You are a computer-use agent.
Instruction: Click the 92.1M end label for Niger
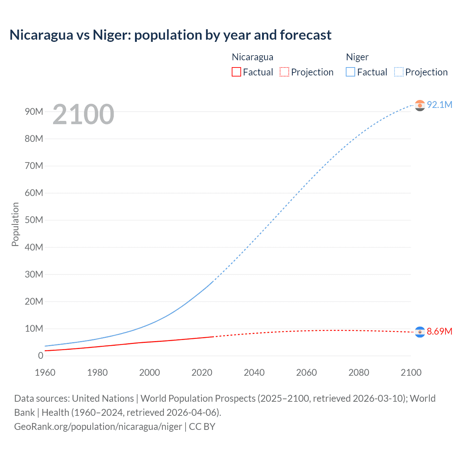coord(439,105)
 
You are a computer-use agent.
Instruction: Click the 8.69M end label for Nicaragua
coord(439,331)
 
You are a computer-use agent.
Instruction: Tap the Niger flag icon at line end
coord(420,105)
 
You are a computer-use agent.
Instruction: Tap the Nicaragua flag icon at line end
coord(420,332)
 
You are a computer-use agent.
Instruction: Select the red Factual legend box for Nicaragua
coord(236,72)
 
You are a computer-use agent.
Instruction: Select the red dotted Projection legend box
coord(284,72)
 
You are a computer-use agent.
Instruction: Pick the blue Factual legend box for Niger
coord(350,72)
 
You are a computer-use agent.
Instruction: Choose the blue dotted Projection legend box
coord(398,72)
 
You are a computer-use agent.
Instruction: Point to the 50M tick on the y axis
coord(34,220)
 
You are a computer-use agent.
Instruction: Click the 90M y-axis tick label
coord(34,112)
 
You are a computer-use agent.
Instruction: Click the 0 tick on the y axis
coord(40,356)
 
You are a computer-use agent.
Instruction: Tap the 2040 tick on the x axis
coord(254,372)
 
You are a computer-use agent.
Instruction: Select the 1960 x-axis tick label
coord(45,372)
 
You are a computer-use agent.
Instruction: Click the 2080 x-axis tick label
coord(359,372)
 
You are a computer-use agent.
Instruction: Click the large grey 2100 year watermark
coord(83,114)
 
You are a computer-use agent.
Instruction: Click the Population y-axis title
coord(15,224)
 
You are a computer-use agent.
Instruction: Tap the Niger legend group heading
coord(357,57)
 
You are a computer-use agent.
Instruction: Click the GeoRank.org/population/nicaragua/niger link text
coord(98,427)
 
